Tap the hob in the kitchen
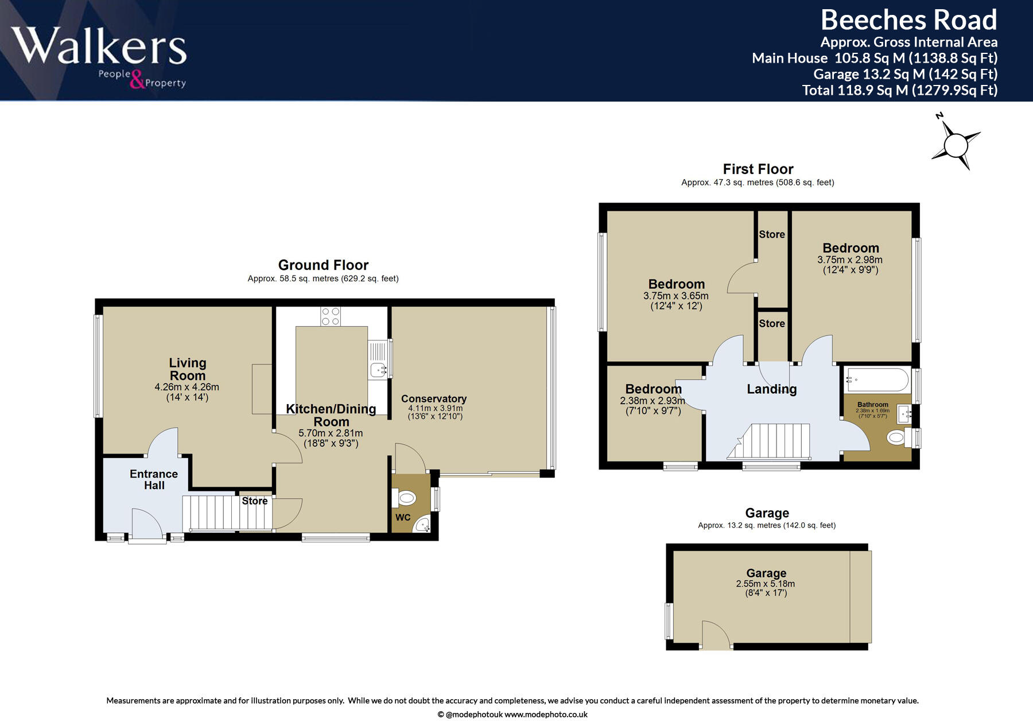[x=331, y=316]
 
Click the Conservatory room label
[x=434, y=398]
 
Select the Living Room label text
[x=188, y=369]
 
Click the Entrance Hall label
[x=154, y=479]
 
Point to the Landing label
[x=772, y=389]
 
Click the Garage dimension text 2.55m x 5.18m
[x=766, y=584]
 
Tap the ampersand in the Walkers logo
[x=137, y=79]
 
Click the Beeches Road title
[x=909, y=20]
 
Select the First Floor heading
[x=758, y=169]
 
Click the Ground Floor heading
[x=323, y=265]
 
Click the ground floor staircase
[x=227, y=513]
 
